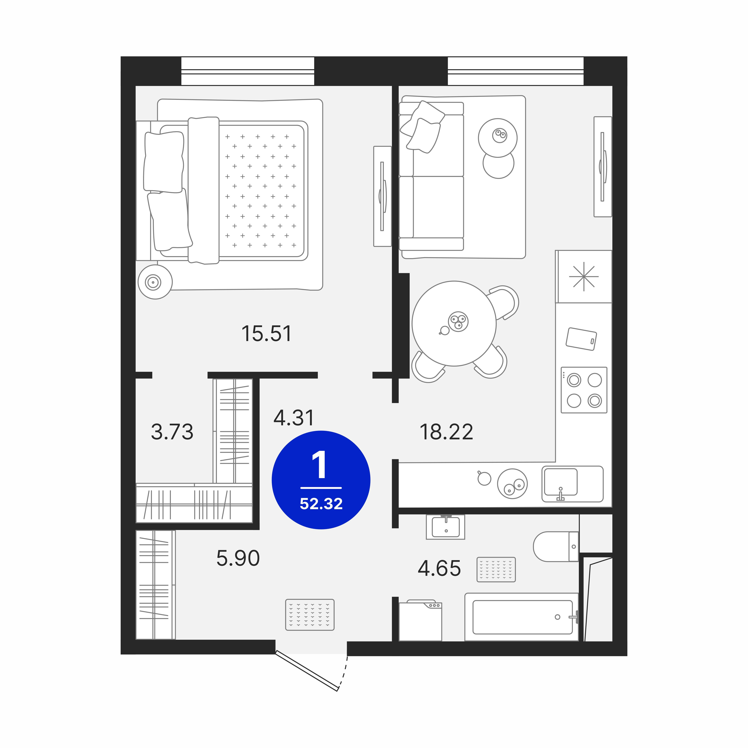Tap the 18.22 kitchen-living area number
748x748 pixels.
pos(446,432)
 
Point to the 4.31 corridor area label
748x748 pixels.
pos(294,418)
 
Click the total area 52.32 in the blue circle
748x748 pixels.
pos(321,504)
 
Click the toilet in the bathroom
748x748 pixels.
pos(556,546)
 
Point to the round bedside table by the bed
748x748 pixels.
pos(155,282)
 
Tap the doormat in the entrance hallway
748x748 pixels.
pos(310,615)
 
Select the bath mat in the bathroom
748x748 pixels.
pos(496,569)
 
